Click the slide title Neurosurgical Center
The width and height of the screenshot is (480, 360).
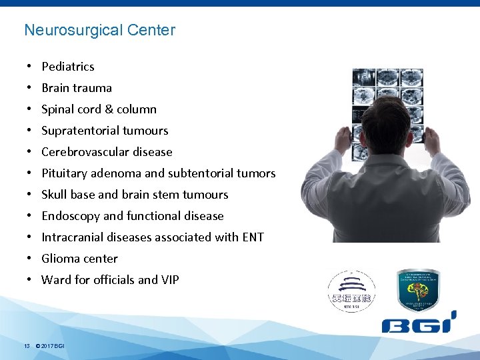[x=99, y=30]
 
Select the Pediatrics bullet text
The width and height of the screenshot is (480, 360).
[x=68, y=67]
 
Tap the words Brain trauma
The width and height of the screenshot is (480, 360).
[x=77, y=88]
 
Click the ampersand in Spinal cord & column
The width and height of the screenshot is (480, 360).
[x=101, y=109]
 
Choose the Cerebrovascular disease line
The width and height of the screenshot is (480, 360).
[x=107, y=152]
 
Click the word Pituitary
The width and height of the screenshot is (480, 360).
[x=64, y=173]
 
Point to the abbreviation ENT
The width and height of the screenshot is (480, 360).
[x=253, y=237]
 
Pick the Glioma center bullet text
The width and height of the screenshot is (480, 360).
[x=79, y=259]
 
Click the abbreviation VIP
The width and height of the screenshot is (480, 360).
[x=169, y=280]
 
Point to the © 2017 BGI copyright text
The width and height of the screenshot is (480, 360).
[x=50, y=345]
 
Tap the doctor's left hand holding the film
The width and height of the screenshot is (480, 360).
[x=343, y=139]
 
